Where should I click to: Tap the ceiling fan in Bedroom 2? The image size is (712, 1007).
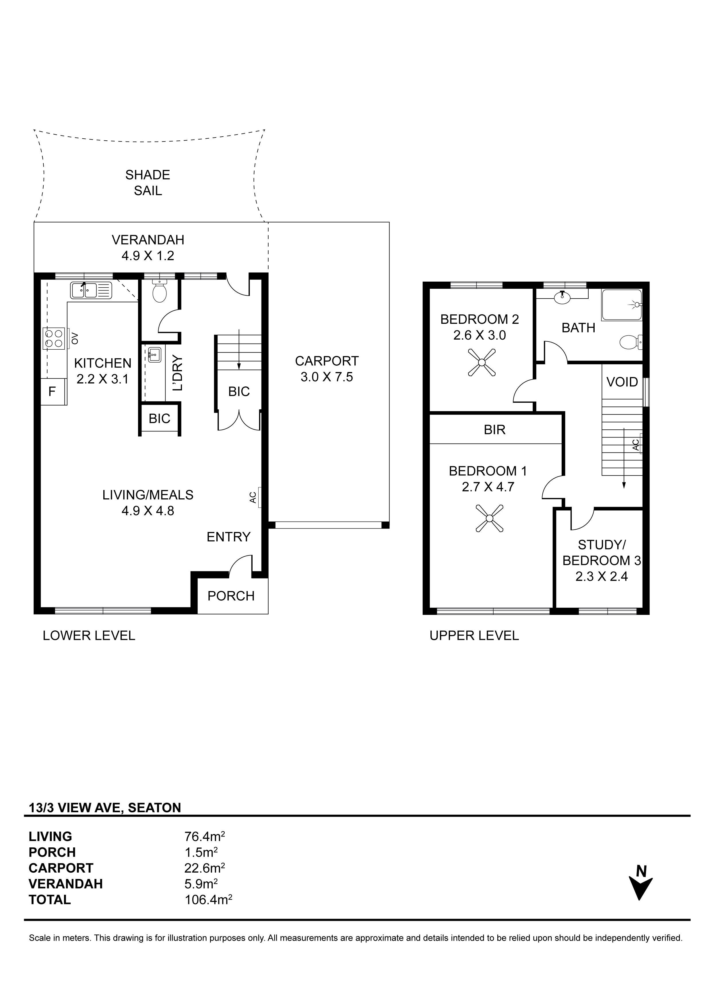pyautogui.click(x=481, y=362)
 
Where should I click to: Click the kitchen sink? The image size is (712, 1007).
pyautogui.click(x=91, y=290)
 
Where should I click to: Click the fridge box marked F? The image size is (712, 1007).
pyautogui.click(x=53, y=391)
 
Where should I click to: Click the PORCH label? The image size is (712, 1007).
pyautogui.click(x=231, y=596)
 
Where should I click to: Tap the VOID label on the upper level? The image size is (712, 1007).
pyautogui.click(x=622, y=382)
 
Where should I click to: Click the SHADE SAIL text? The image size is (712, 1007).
pyautogui.click(x=148, y=183)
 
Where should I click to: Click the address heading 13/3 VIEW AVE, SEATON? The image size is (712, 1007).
pyautogui.click(x=105, y=808)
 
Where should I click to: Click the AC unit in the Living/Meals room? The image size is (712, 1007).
pyautogui.click(x=260, y=497)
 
